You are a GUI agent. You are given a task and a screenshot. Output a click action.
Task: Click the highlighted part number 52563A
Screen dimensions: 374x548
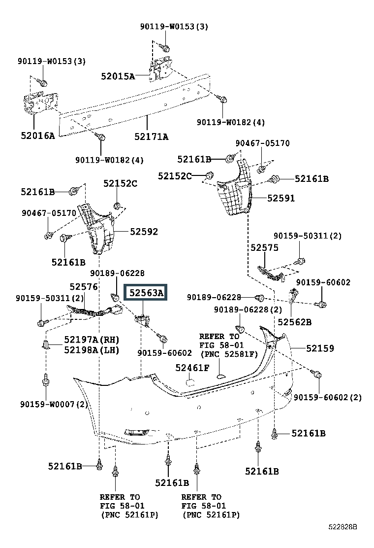(x=146, y=293)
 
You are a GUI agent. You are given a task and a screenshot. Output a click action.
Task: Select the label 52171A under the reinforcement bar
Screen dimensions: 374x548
(x=152, y=137)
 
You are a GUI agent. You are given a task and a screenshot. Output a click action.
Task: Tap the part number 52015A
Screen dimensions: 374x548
(x=118, y=76)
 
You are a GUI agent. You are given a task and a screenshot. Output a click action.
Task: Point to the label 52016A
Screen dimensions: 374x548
(x=38, y=136)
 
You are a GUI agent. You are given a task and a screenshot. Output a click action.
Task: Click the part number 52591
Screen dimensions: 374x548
(x=281, y=198)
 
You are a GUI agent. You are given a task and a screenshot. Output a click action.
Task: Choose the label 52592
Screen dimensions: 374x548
(x=144, y=231)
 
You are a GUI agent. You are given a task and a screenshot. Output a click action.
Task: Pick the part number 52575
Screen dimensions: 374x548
(x=264, y=247)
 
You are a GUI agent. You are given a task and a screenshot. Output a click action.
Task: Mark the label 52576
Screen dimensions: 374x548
(x=83, y=287)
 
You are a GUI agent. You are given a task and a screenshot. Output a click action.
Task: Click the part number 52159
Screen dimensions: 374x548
(x=320, y=348)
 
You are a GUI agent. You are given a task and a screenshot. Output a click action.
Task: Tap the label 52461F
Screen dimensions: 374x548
(x=192, y=368)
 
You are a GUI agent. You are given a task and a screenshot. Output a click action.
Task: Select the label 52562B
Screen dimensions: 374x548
(x=294, y=322)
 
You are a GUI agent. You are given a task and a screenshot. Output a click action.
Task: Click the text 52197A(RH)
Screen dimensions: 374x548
(x=92, y=340)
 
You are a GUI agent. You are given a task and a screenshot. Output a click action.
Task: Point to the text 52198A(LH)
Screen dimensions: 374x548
(x=92, y=350)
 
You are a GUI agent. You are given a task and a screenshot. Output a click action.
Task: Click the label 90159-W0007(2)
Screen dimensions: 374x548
(x=54, y=405)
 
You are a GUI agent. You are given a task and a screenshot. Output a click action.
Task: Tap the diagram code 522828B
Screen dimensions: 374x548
(x=343, y=527)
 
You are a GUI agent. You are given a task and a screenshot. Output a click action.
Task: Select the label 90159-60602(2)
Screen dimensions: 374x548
(x=328, y=397)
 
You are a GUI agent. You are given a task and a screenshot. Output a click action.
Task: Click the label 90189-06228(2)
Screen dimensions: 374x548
(x=248, y=309)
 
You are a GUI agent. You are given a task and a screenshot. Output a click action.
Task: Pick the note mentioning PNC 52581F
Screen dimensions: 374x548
(x=229, y=345)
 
